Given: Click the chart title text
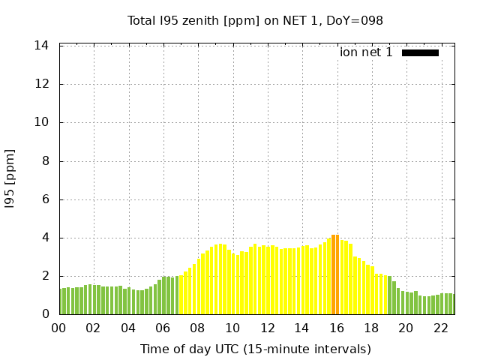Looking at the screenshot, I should tap(255, 21).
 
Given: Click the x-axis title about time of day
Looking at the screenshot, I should tap(255, 349).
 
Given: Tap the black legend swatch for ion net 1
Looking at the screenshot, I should tap(420, 52).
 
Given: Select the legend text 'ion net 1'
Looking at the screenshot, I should tap(366, 52).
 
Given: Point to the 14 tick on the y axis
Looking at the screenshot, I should tap(42, 46).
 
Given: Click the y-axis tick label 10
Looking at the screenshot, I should tap(42, 122).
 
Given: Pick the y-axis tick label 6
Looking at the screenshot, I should tap(45, 199).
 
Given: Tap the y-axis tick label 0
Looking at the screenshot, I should tap(45, 314).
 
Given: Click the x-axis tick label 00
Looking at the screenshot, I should tap(58, 328).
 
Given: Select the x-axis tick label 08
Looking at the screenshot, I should tap(197, 328).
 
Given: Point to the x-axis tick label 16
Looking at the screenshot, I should tap(336, 328).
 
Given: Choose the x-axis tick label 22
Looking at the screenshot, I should tap(440, 328).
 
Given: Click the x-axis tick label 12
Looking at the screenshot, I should tap(267, 328).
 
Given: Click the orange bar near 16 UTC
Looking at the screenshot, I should tap(335, 274).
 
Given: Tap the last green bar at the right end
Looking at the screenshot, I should tap(451, 304).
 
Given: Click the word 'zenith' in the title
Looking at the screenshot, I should tap(196, 21).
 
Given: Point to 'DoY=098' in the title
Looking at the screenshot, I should tap(358, 21).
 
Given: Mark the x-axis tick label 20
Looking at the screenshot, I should tap(406, 328).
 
